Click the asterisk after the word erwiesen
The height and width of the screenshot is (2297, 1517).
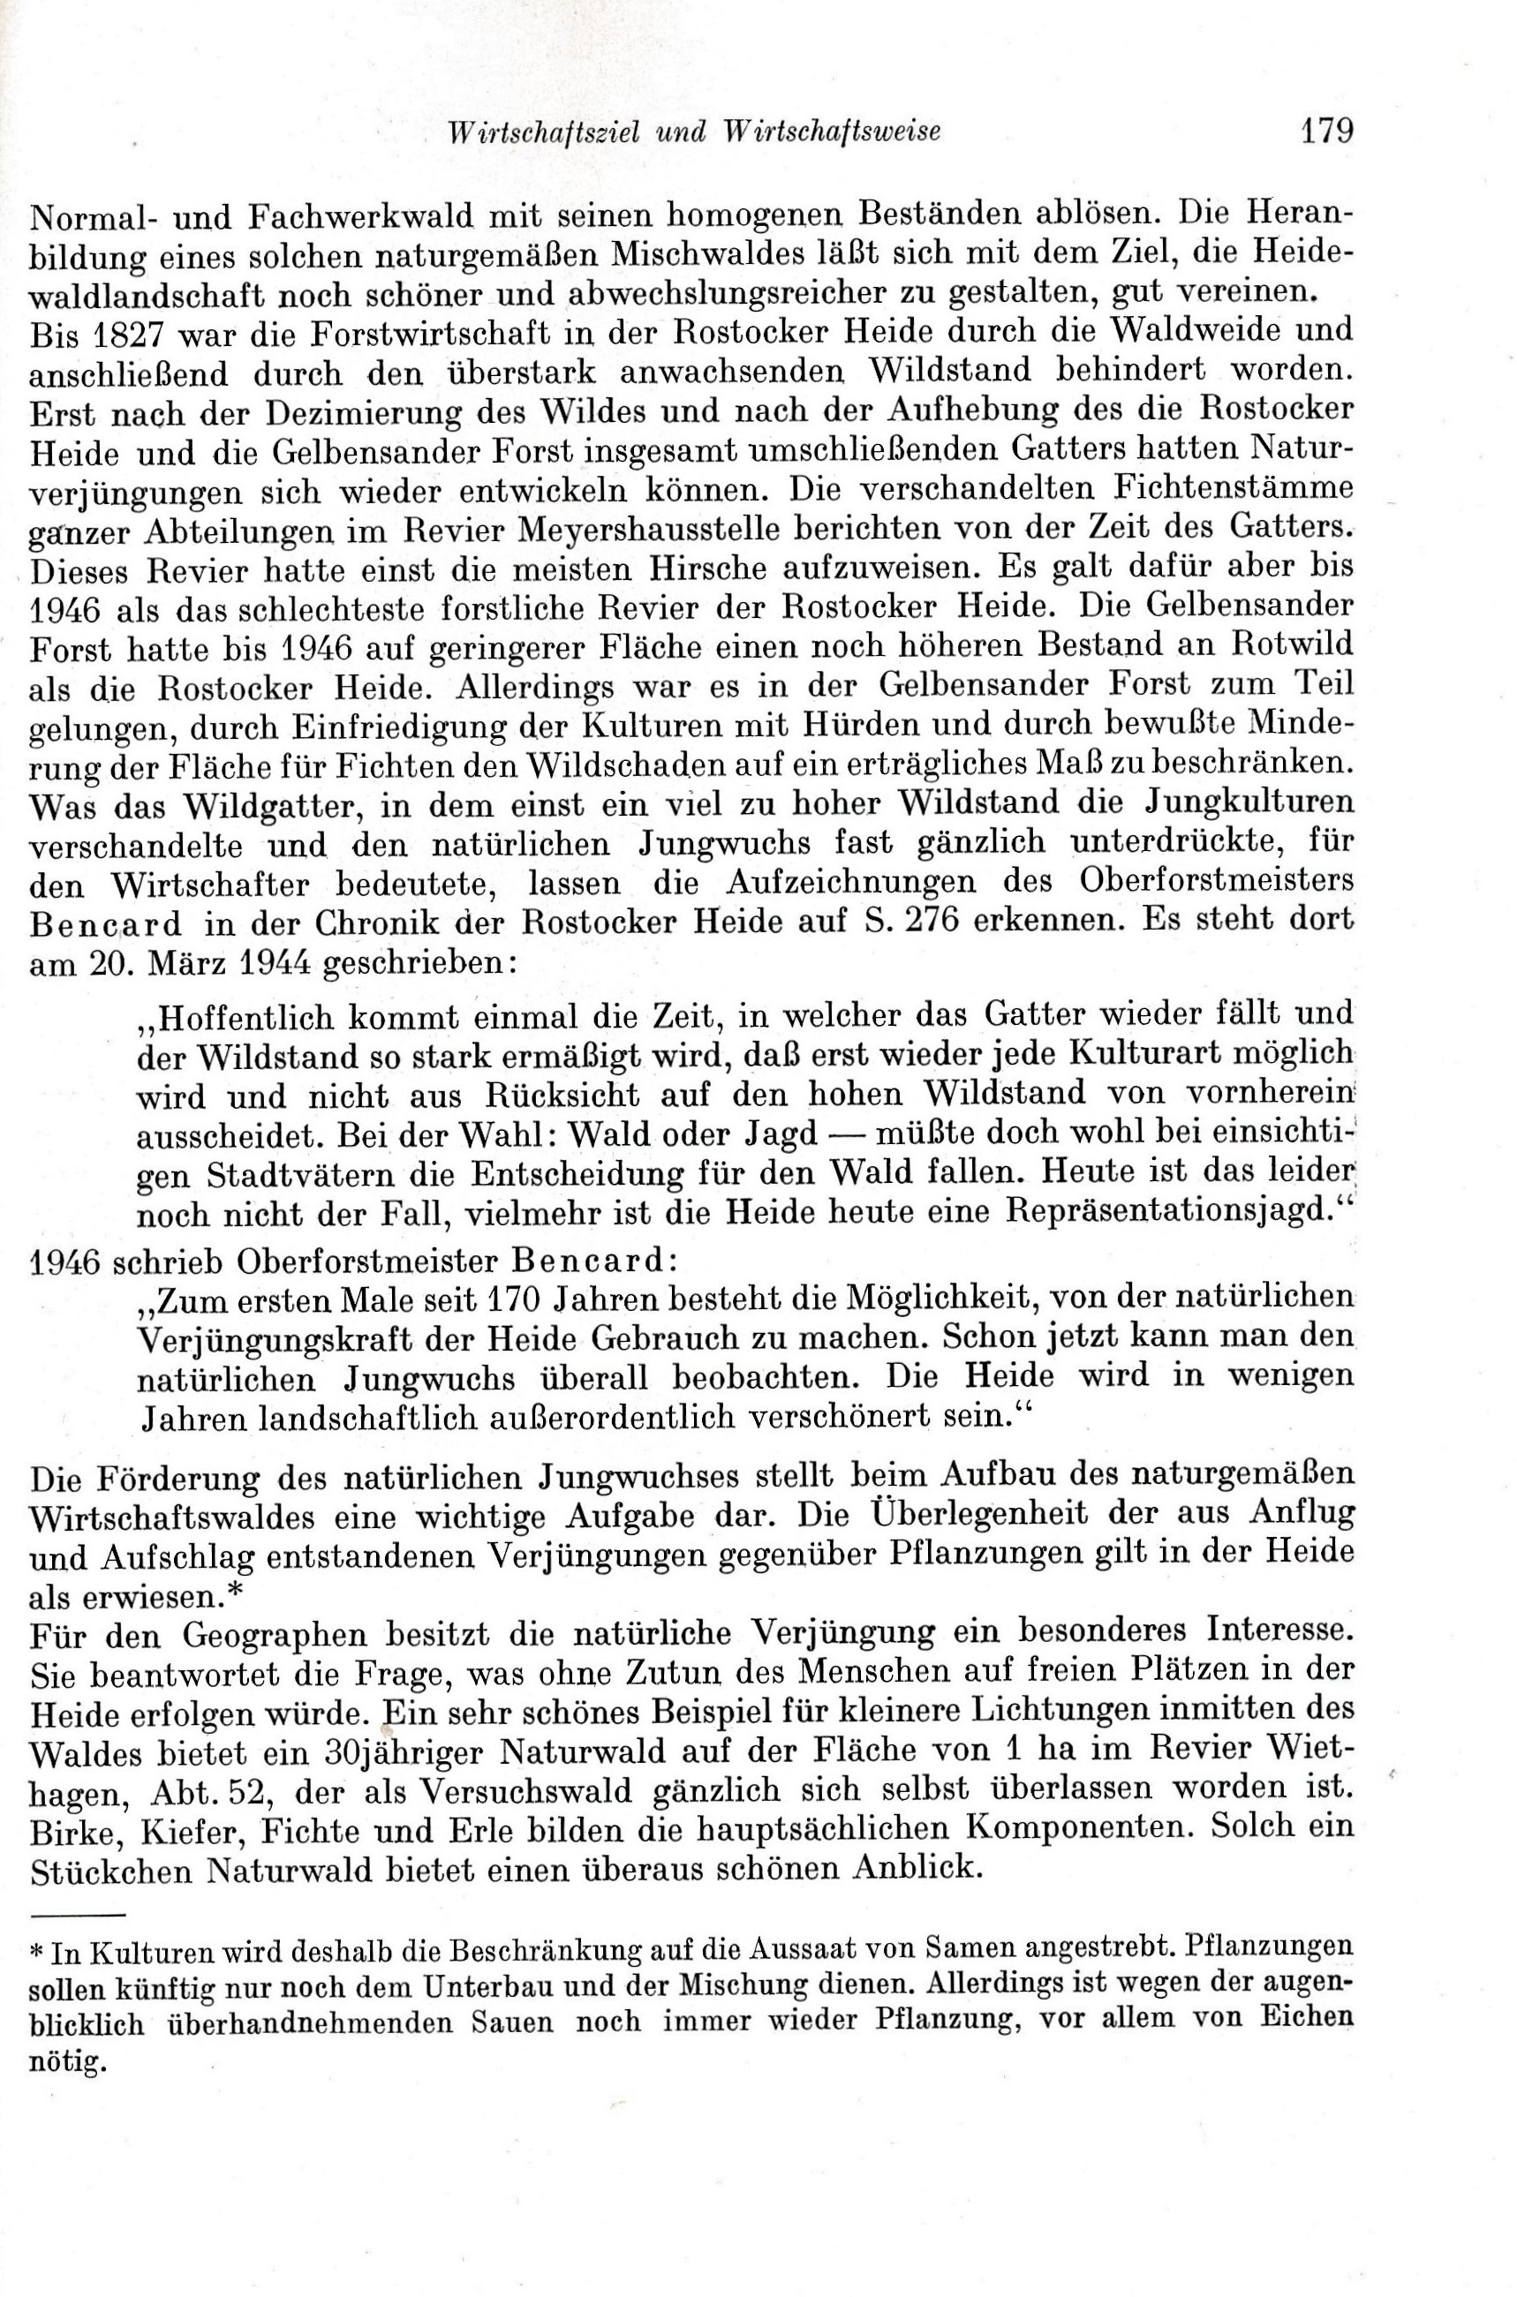(236, 1589)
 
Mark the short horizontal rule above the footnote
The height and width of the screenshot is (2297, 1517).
(79, 1915)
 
